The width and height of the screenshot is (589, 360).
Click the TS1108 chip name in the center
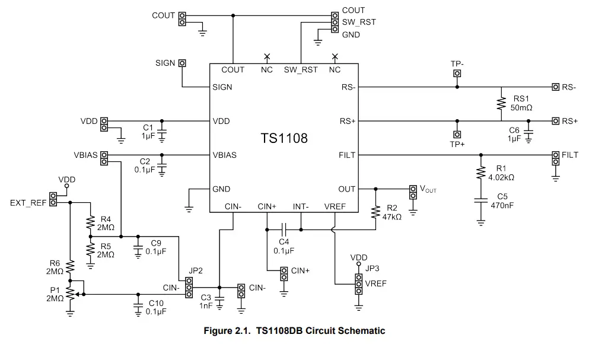point(284,138)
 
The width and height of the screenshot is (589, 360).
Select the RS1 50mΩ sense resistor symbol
point(502,104)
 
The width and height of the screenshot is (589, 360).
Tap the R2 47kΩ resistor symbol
point(375,212)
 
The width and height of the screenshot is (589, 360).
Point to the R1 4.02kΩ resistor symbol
point(480,173)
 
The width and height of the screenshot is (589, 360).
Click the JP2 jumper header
point(189,287)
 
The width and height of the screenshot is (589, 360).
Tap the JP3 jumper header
point(359,283)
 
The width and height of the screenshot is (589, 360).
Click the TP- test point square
point(457,74)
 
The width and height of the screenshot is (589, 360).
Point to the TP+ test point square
point(457,134)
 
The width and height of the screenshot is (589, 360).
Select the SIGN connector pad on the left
point(182,63)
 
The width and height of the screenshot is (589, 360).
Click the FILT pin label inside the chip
point(348,155)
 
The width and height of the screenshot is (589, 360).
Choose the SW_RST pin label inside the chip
point(300,70)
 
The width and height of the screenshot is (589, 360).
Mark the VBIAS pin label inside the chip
point(224,155)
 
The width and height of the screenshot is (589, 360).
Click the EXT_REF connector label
point(28,202)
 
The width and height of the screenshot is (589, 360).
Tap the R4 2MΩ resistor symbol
point(91,223)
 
